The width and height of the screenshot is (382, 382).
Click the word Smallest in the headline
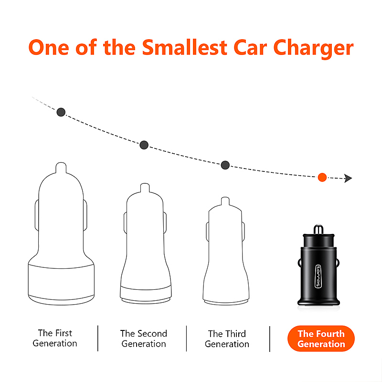pyautogui.click(x=185, y=47)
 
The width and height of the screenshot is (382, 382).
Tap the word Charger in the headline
pyautogui.click(x=313, y=49)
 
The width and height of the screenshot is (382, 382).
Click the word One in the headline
pyautogui.click(x=49, y=47)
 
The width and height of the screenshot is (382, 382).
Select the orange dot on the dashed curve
pyautogui.click(x=322, y=177)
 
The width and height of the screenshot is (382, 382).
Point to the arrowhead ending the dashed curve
pyautogui.click(x=348, y=178)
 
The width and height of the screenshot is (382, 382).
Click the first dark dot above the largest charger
pyautogui.click(x=61, y=112)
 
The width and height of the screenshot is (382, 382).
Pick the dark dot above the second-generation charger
pyautogui.click(x=144, y=145)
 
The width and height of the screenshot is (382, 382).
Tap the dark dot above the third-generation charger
pyautogui.click(x=225, y=165)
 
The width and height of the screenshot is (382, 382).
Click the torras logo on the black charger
pyautogui.click(x=318, y=276)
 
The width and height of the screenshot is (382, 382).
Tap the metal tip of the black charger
pyautogui.click(x=318, y=229)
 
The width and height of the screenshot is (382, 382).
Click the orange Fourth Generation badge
pyautogui.click(x=321, y=339)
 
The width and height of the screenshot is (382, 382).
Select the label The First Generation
pyautogui.click(x=55, y=338)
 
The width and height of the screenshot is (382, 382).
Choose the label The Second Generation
pyautogui.click(x=144, y=339)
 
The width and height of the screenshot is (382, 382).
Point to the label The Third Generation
pyautogui.click(x=227, y=339)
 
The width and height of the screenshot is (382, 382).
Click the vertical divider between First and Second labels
pyautogui.click(x=98, y=338)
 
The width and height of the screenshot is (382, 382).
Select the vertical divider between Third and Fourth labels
pyautogui.click(x=270, y=339)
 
